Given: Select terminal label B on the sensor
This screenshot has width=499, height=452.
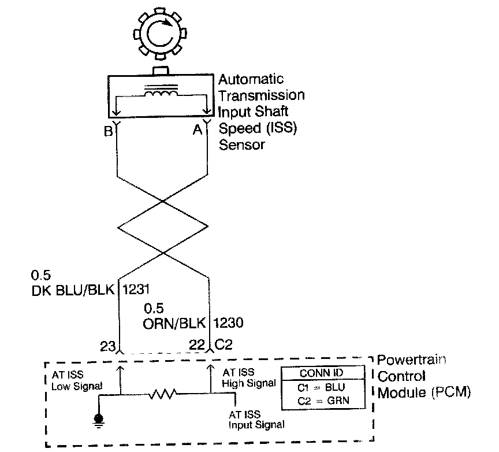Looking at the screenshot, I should pos(108,132).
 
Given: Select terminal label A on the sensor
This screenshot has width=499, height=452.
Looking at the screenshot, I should pos(196,131).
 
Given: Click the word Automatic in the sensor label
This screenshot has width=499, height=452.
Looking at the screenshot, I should pos(252,79).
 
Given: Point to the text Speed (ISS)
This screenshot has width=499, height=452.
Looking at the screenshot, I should pos(258,128).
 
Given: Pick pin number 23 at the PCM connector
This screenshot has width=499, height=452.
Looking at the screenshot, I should pos(108,346).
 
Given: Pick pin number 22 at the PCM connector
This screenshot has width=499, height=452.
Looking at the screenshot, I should pos(197,346).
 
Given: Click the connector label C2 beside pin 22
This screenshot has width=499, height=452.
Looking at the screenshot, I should pos(225,346).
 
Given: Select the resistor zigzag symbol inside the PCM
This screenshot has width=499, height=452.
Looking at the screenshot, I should pos(163,395).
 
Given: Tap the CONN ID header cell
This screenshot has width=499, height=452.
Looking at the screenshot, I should pos(322,373).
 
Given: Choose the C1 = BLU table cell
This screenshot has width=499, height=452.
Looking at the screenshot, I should pos(322,386).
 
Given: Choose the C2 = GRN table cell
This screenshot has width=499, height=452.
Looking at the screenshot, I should pos(322,401).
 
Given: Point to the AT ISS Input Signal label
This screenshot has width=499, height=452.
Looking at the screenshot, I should pos(256,420).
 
